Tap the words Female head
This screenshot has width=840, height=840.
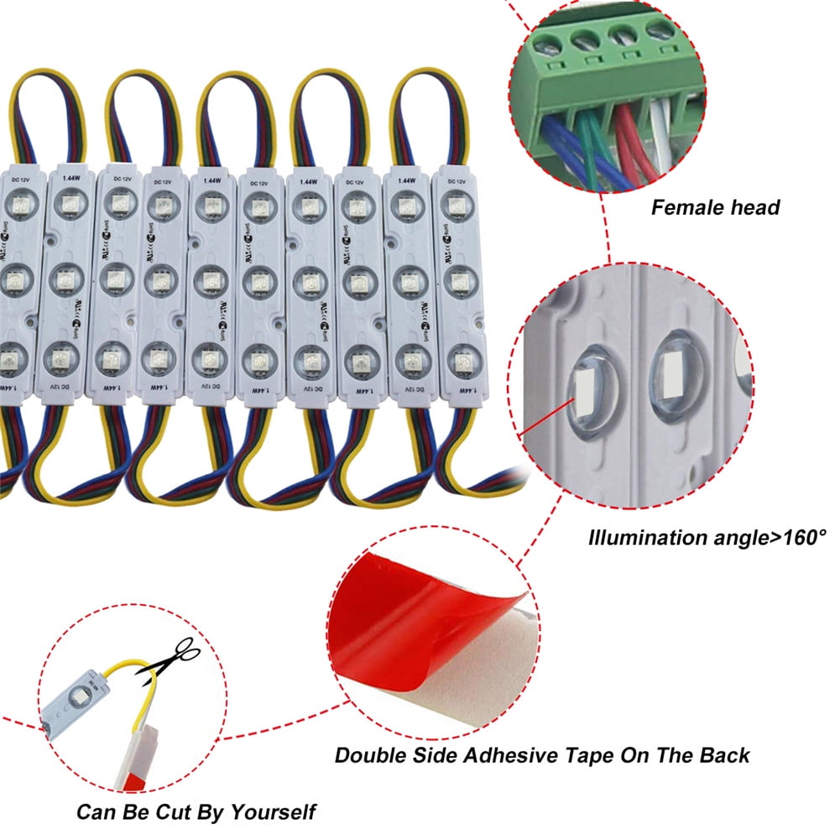(x=715, y=207)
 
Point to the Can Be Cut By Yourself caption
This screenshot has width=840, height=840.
(x=196, y=812)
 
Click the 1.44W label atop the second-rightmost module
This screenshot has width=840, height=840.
(x=407, y=180)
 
